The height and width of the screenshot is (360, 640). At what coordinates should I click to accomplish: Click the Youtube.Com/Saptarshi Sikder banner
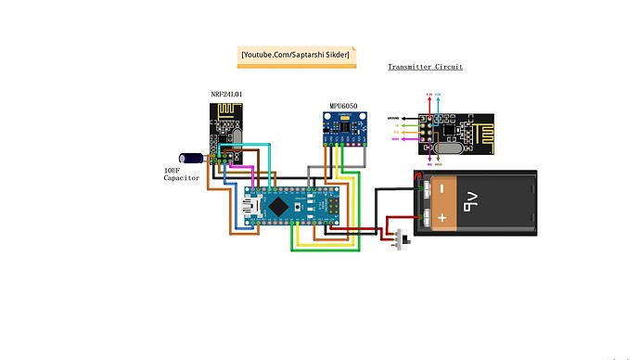(296, 56)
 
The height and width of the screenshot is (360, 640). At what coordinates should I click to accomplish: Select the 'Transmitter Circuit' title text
(425, 67)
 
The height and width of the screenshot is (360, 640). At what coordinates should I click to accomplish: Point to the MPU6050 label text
(344, 106)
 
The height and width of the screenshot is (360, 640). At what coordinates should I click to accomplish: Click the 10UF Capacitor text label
(182, 174)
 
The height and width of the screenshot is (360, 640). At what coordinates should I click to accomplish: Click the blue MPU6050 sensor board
(344, 128)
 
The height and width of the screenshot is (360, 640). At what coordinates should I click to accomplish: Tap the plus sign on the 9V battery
(443, 218)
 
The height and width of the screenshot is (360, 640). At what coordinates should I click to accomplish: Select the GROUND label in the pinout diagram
(393, 119)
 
